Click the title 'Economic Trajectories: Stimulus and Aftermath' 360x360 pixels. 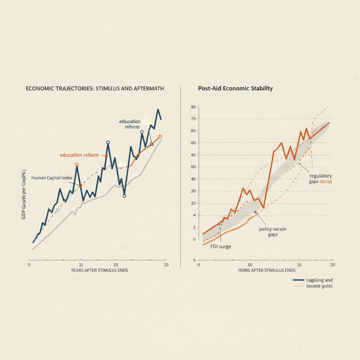click(x=95, y=89)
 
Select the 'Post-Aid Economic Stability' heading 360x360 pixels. click(x=236, y=89)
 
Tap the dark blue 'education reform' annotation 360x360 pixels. click(x=130, y=124)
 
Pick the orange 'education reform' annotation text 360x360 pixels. click(x=79, y=155)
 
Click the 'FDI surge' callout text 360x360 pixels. click(x=220, y=246)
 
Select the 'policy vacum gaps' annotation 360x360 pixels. click(x=273, y=232)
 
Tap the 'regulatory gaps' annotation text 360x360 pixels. click(x=320, y=179)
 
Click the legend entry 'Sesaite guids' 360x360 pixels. click(x=319, y=286)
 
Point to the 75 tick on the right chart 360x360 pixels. click(x=192, y=119)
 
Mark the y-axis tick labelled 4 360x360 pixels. click(x=193, y=215)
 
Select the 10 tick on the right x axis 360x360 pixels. click(x=250, y=264)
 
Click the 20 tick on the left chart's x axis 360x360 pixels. click(x=166, y=264)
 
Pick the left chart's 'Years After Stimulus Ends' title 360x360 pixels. click(x=99, y=270)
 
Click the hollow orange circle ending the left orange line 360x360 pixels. click(x=160, y=136)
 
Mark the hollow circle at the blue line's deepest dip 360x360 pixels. click(x=124, y=196)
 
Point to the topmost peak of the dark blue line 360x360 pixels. click(x=158, y=110)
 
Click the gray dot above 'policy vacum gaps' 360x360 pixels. click(x=256, y=212)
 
